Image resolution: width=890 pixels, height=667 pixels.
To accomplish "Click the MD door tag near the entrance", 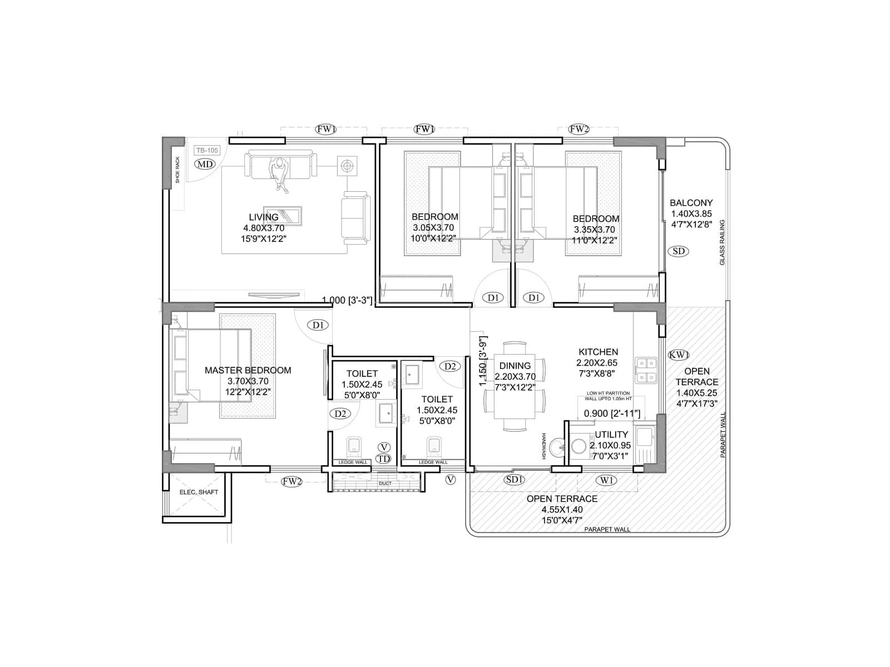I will (205, 164).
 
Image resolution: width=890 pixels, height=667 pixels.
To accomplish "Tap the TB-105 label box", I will (207, 150).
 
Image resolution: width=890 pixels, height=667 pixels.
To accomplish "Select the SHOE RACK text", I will (178, 170).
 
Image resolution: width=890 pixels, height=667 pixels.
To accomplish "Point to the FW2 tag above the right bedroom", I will (579, 129).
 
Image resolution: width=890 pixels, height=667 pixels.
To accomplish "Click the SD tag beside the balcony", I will (679, 251).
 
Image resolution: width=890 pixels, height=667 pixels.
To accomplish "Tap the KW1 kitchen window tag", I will (679, 355).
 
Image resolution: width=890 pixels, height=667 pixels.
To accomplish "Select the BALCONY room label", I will (691, 203).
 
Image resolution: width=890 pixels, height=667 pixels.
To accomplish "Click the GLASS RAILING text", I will (722, 242).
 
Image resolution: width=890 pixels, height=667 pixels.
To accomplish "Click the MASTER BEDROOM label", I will (248, 370).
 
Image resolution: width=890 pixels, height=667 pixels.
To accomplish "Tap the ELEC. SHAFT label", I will (199, 492).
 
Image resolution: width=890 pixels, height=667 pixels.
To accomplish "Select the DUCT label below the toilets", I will (385, 484).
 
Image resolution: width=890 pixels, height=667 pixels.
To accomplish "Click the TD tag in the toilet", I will (383, 459).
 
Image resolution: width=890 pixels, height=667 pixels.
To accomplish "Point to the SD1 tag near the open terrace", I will (515, 479).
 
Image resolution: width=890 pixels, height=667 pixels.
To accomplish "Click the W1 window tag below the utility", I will (606, 480).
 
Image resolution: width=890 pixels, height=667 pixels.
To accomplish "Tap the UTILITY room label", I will (611, 434).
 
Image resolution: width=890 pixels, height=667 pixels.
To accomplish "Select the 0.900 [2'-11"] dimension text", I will (611, 414).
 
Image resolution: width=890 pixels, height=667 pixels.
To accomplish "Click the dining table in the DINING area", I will (515, 386).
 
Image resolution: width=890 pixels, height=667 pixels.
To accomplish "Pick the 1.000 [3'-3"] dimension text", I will (347, 300).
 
